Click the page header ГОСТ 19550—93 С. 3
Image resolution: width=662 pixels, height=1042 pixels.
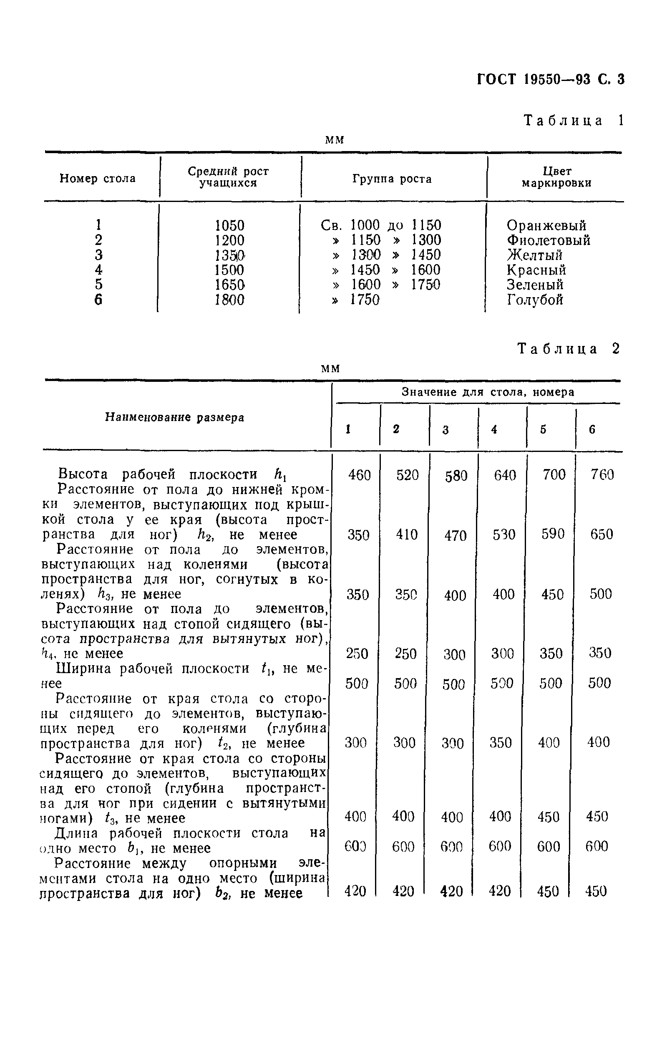tap(550, 80)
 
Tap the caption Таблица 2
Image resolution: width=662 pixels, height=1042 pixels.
tap(569, 349)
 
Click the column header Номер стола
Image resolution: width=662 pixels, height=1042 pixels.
tap(97, 178)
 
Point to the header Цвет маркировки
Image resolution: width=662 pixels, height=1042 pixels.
tap(556, 177)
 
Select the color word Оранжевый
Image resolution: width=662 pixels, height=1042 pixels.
tap(546, 225)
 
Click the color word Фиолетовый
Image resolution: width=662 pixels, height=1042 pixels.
tap(548, 240)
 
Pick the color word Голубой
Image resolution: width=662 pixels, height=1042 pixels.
tap(535, 300)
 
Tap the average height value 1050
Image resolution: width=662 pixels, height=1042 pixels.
tap(229, 225)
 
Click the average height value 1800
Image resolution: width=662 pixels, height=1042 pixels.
tap(229, 300)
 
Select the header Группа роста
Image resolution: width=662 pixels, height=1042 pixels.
tap(392, 179)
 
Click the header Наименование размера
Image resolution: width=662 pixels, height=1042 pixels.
tap(174, 417)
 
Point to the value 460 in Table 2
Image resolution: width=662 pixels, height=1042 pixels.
tap(359, 475)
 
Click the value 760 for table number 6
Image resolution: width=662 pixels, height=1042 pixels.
tap(602, 475)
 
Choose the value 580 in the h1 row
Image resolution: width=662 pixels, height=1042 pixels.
tap(456, 476)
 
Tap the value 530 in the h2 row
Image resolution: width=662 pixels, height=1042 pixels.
tap(504, 535)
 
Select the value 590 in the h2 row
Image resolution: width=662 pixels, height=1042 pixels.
tap(553, 534)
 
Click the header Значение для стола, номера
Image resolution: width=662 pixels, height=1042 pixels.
tap(488, 392)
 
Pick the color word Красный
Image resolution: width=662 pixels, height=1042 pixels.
tap(536, 270)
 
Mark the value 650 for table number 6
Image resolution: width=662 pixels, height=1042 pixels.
tap(602, 534)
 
